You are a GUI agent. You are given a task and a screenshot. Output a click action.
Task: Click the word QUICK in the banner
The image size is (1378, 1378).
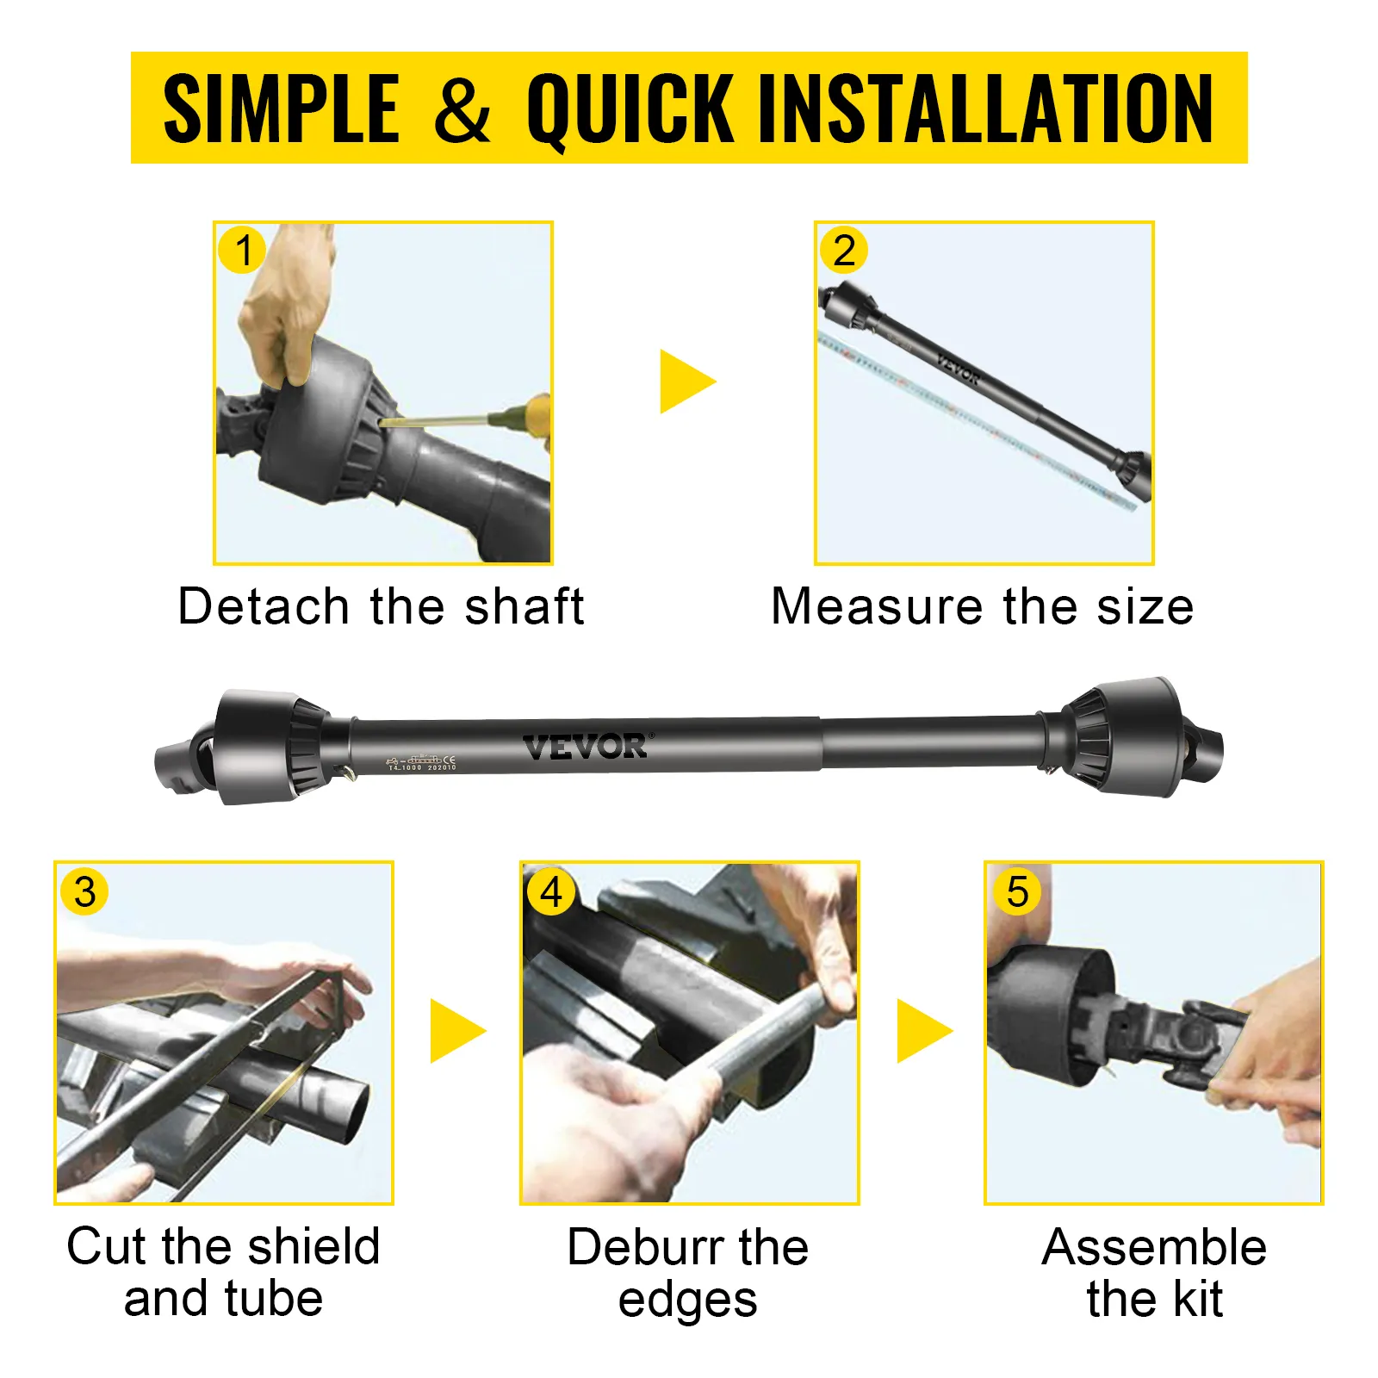630,109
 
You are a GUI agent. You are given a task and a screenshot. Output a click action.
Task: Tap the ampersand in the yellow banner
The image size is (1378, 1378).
462,109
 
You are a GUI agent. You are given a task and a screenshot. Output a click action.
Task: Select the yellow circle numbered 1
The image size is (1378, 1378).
243,251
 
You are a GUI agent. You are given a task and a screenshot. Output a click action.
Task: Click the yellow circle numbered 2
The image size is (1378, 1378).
843,251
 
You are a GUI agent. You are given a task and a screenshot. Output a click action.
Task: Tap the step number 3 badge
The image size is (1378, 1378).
84,891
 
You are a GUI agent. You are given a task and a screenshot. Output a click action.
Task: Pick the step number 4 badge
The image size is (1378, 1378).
550,892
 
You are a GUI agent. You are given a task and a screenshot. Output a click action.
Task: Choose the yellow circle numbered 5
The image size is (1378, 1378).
1017,891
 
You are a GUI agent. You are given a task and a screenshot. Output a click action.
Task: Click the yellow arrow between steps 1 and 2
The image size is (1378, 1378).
686,382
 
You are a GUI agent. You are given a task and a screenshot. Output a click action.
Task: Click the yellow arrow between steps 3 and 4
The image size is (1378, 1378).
456,1031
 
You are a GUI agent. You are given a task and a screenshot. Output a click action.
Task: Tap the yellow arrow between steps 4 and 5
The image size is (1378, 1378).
923,1031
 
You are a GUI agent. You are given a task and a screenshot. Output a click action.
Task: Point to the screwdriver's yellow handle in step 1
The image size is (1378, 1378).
537,415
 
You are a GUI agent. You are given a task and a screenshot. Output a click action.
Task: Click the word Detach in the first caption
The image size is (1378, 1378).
263,606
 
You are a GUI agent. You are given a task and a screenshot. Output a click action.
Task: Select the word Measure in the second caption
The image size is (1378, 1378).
876,606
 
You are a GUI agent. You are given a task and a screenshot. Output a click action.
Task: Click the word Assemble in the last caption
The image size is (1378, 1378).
1154,1246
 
